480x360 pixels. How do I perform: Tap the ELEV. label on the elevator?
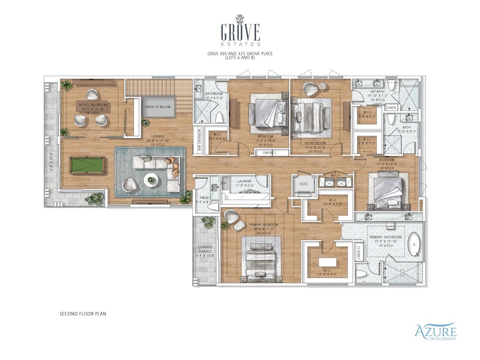(x=304, y=184)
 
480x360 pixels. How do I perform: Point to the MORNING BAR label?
(x=200, y=140)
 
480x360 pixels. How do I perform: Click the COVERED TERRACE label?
(x=205, y=251)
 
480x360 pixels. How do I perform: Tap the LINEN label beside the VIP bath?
(x=391, y=108)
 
